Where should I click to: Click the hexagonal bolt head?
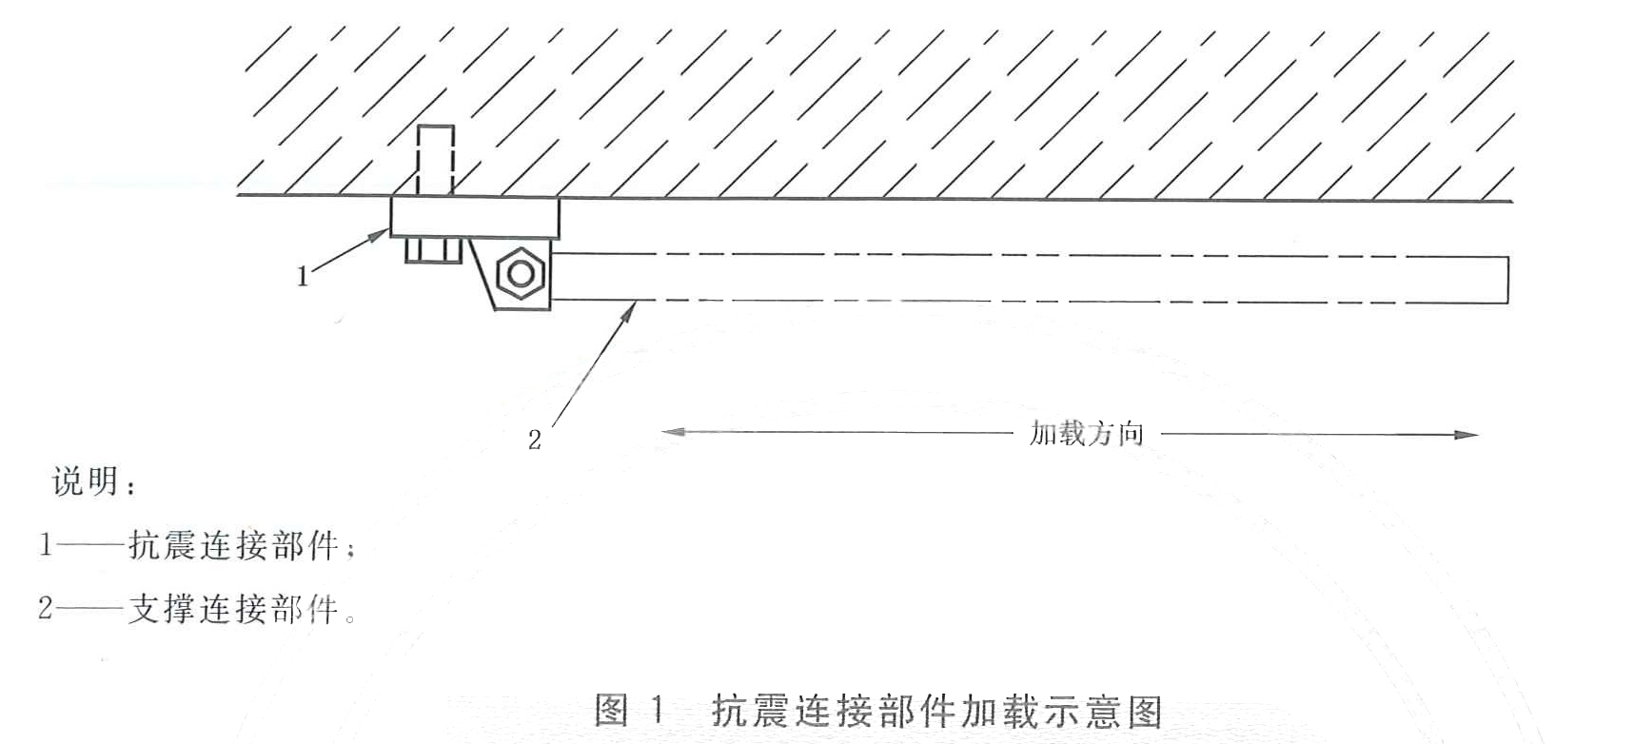coord(520,274)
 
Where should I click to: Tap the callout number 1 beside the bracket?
coord(303,277)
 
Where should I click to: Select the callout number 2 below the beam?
coord(535,440)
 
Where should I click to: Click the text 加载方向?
coord(1087,434)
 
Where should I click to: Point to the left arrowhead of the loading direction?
coord(673,432)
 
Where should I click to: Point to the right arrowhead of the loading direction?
coord(1467,435)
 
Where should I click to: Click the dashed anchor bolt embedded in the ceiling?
coord(436,161)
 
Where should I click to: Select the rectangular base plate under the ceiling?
coord(475,217)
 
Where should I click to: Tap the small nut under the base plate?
coord(433,250)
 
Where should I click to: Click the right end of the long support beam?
coord(1508,279)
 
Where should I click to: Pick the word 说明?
coord(86,481)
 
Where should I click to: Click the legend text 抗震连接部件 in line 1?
coord(234,545)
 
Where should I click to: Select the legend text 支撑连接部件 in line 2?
coord(234,608)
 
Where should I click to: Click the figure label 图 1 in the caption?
coord(628,711)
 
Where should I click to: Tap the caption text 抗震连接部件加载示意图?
coord(937,711)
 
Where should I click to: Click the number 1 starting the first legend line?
coord(46,545)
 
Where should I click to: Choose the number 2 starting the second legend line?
coord(46,608)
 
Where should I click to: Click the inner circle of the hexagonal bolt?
coord(520,274)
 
